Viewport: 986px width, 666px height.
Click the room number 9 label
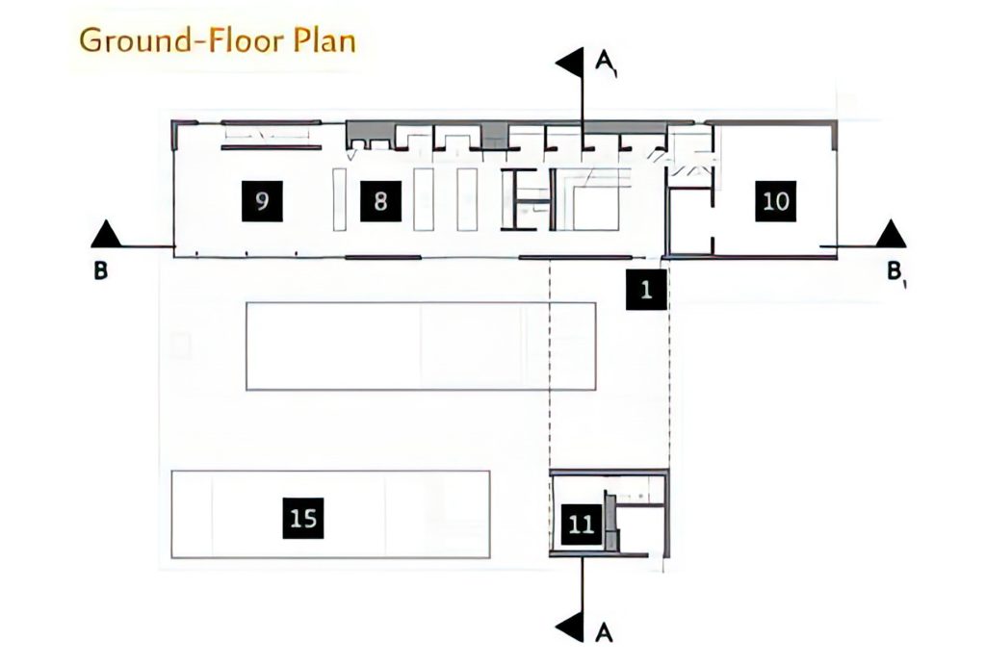click(x=262, y=201)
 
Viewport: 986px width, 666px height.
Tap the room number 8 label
click(x=380, y=201)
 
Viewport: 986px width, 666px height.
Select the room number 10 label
click(x=775, y=201)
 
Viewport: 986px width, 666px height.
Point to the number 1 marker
click(x=646, y=290)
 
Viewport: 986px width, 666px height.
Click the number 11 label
click(x=581, y=524)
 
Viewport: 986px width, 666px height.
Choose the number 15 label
click(x=303, y=519)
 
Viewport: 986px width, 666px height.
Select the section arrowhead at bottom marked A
click(x=571, y=628)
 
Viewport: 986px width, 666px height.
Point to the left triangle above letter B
click(x=105, y=234)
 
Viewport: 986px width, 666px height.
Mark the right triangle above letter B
click(x=891, y=234)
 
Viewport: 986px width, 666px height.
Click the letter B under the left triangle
click(x=100, y=271)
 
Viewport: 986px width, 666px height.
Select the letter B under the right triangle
click(x=895, y=271)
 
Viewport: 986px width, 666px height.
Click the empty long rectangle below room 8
click(x=421, y=346)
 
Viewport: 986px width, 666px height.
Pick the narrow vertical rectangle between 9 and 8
click(x=340, y=199)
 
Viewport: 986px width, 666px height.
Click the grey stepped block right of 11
click(x=610, y=522)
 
